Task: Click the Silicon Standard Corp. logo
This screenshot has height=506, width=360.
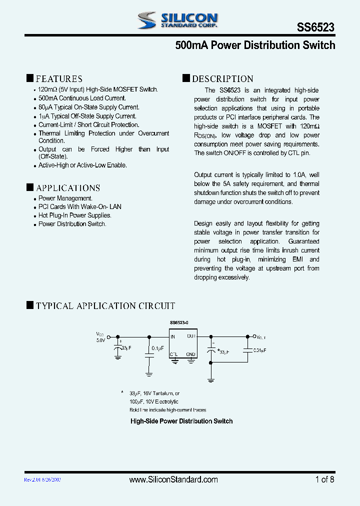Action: (x=177, y=20)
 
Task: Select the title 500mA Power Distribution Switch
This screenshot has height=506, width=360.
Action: (x=255, y=45)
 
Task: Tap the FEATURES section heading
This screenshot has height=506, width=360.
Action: (x=59, y=78)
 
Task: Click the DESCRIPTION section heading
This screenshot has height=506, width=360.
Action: (x=222, y=78)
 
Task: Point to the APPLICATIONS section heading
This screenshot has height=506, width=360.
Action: (x=68, y=188)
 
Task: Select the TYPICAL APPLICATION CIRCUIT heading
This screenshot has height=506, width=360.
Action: (x=105, y=305)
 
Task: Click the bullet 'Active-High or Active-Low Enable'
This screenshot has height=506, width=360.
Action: (x=82, y=165)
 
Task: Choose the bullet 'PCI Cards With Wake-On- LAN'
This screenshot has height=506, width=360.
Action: (x=80, y=207)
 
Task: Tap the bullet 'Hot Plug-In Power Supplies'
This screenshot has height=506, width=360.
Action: (x=75, y=215)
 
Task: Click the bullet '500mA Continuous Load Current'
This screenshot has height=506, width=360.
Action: (x=82, y=98)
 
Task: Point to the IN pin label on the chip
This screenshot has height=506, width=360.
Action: (x=173, y=337)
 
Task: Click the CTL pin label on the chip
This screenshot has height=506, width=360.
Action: (x=173, y=354)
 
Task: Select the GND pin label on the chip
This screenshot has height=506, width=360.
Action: (x=190, y=354)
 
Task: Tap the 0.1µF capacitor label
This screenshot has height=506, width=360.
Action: (x=157, y=348)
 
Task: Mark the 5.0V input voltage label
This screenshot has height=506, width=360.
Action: (x=100, y=340)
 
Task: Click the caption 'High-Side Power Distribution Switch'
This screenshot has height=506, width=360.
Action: (x=181, y=421)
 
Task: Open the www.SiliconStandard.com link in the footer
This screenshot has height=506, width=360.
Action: (x=173, y=479)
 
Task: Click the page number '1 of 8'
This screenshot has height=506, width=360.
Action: (x=324, y=479)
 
